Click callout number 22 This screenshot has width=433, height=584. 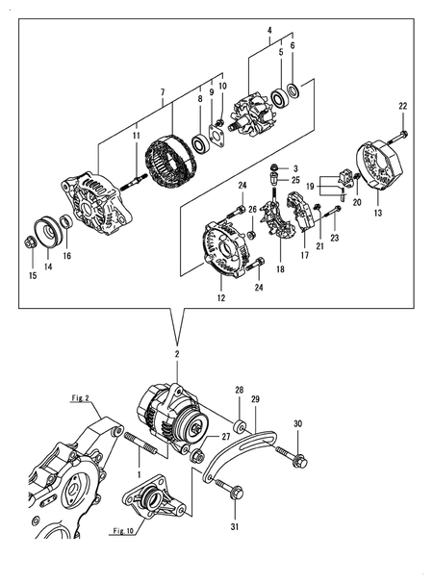[x=403, y=105]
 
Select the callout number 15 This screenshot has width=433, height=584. [x=32, y=275]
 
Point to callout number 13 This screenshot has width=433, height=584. [x=378, y=211]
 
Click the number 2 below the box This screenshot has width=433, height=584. [x=176, y=355]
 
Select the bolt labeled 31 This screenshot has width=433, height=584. [x=232, y=493]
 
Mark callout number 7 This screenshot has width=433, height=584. [x=163, y=92]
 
